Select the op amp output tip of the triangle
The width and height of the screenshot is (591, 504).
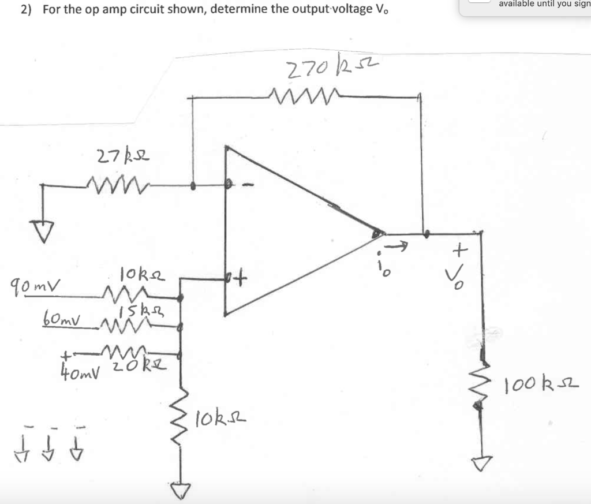[x=378, y=233]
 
